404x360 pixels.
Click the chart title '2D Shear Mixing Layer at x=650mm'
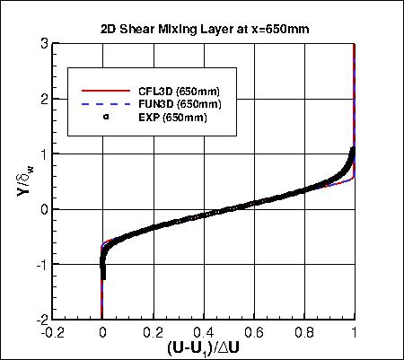(x=205, y=28)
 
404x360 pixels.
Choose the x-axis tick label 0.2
(x=153, y=330)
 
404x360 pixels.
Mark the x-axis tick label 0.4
(x=204, y=330)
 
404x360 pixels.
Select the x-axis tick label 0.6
(x=254, y=330)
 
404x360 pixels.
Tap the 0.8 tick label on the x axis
(x=305, y=330)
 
